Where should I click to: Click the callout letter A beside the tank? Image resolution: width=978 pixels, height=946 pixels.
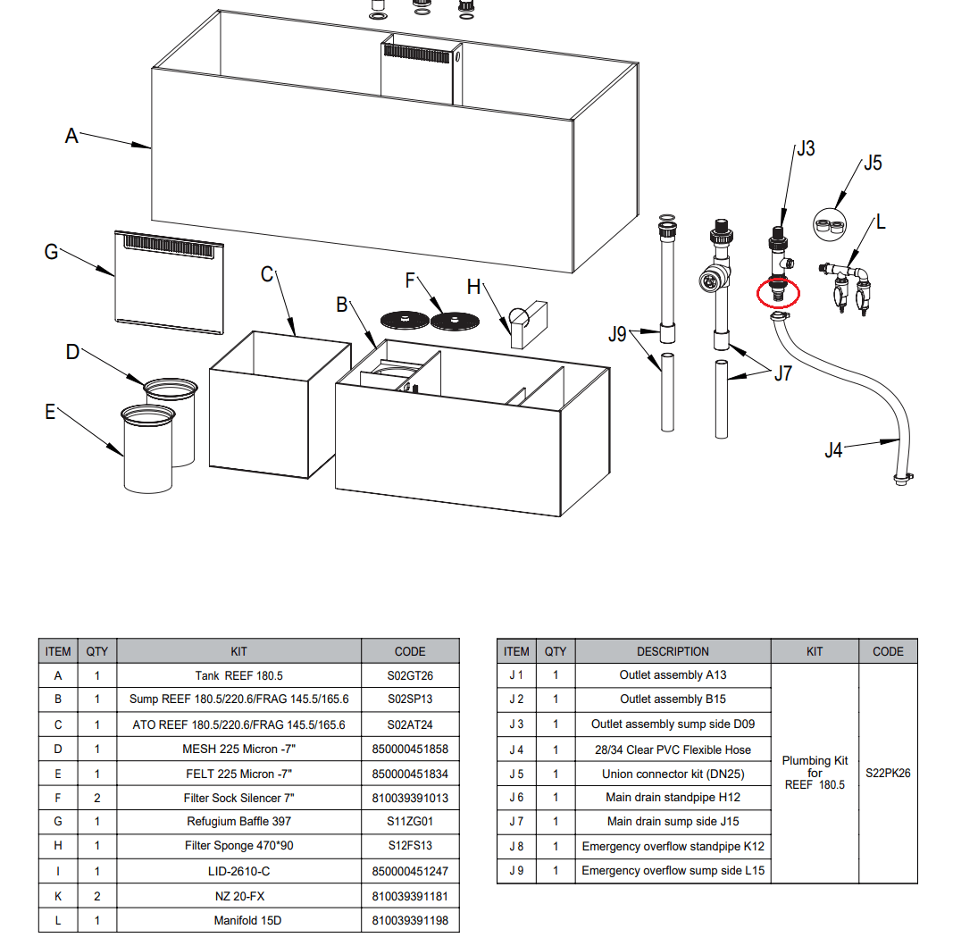(71, 136)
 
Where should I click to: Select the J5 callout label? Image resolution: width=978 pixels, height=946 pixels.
(872, 163)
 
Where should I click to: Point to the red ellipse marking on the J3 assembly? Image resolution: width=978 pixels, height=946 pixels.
(777, 291)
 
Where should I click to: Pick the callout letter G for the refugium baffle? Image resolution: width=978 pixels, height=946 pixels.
(52, 253)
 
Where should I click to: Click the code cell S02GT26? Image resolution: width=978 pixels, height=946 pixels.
(410, 675)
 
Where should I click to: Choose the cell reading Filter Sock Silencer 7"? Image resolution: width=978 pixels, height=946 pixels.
(238, 798)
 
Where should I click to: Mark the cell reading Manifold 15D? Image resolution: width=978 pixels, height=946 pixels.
(238, 920)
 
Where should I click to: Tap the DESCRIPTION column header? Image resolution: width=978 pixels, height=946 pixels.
(673, 651)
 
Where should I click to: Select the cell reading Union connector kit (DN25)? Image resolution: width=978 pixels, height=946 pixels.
(673, 774)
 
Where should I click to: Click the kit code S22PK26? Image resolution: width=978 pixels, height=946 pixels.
(888, 773)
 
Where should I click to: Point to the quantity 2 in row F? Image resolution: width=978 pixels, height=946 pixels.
(96, 798)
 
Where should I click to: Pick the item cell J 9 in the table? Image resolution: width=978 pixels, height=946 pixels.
(516, 870)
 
